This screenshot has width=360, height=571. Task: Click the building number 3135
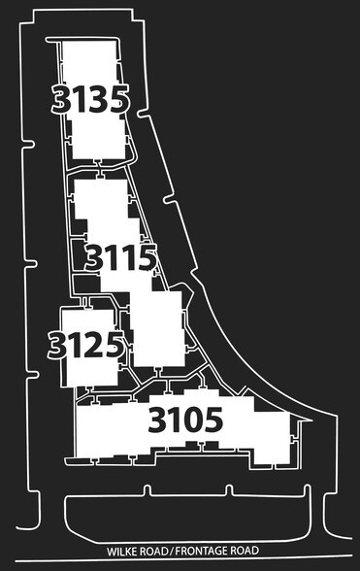point(90,100)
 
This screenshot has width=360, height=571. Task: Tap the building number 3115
point(121,258)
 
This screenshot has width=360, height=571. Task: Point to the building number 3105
point(185,420)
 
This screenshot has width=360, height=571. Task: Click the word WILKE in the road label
point(122,549)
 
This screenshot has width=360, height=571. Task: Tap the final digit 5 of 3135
point(116,100)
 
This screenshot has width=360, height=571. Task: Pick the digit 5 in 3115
point(146,258)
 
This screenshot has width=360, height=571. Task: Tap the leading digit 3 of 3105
point(158,420)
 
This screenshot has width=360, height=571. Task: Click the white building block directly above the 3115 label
point(100,202)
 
